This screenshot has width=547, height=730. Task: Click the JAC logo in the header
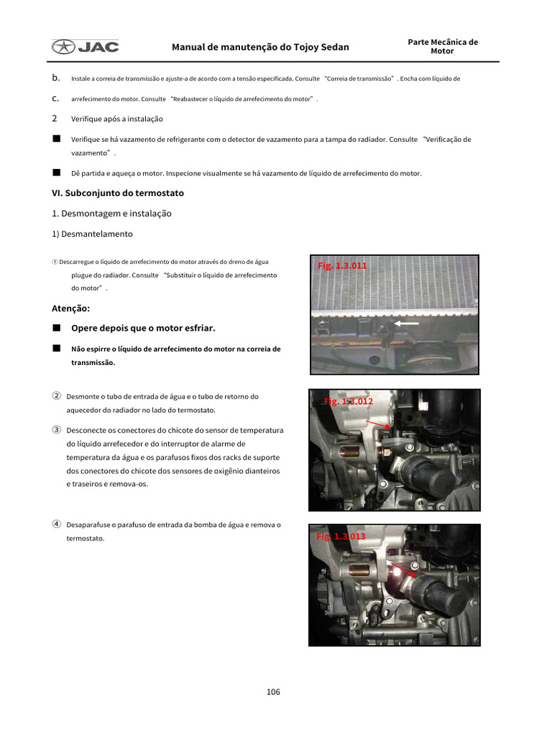(x=85, y=47)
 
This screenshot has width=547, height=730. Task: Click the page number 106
(x=273, y=692)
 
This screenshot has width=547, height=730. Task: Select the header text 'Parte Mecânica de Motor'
(x=442, y=46)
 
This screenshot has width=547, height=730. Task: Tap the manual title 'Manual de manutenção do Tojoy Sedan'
(x=260, y=48)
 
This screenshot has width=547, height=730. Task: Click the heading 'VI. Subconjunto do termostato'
(x=118, y=193)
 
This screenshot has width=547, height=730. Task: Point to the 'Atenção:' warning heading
(x=71, y=309)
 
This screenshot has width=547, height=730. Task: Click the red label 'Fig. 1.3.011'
(x=343, y=265)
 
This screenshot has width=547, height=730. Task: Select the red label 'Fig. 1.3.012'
(x=348, y=401)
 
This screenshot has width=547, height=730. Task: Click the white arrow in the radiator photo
(x=407, y=323)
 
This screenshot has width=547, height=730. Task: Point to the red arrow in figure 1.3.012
(x=378, y=424)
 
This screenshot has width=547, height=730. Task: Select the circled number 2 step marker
(x=56, y=396)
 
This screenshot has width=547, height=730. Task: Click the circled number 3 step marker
(x=56, y=430)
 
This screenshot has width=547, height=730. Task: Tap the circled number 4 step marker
(x=56, y=524)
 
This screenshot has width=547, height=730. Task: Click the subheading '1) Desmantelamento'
(x=92, y=234)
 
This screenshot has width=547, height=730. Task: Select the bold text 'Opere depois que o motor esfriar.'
(x=143, y=328)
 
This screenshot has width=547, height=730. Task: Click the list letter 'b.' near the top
(x=56, y=78)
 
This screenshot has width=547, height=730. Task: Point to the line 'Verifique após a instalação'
(x=117, y=119)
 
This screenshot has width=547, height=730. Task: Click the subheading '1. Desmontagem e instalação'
(x=111, y=213)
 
